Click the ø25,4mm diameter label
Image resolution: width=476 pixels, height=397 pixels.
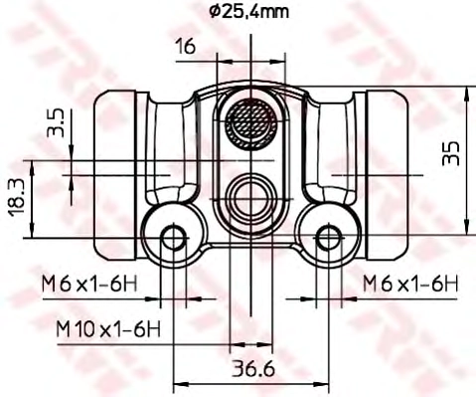pyautogui.click(x=249, y=11)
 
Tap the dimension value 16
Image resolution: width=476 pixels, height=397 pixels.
pyautogui.click(x=186, y=46)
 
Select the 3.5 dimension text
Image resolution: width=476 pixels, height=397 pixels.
pyautogui.click(x=56, y=123)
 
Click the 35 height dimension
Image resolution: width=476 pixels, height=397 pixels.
pyautogui.click(x=451, y=153)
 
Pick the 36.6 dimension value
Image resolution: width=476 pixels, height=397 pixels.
pyautogui.click(x=253, y=368)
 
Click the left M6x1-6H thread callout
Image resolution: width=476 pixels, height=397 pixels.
pyautogui.click(x=89, y=285)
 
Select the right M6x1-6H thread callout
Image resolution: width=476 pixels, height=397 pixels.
pyautogui.click(x=410, y=284)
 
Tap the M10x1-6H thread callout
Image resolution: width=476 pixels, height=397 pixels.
pyautogui.click(x=108, y=329)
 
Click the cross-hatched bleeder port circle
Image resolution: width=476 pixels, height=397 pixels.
pyautogui.click(x=250, y=123)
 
